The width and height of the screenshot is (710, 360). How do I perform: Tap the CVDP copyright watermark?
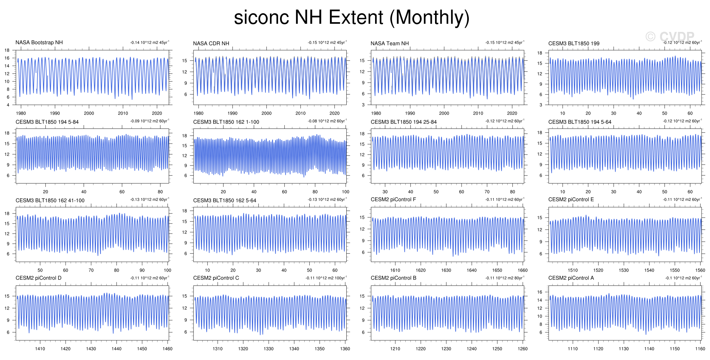(670, 37)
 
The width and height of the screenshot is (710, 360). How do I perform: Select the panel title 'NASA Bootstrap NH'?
(39, 43)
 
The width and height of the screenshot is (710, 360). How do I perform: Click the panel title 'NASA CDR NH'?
(211, 44)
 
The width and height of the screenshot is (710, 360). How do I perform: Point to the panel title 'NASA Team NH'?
(390, 44)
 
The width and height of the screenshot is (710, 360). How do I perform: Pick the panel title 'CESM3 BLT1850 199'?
(574, 44)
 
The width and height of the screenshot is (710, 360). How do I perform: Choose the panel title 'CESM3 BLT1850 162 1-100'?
(226, 122)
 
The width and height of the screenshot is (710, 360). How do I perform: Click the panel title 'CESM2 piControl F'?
(393, 200)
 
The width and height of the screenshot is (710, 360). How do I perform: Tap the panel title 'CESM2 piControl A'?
(571, 278)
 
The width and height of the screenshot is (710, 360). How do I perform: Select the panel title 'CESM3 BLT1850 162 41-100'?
(50, 201)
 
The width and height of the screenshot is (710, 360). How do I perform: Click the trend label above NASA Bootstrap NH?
(150, 43)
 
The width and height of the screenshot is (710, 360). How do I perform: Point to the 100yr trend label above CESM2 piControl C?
(326, 278)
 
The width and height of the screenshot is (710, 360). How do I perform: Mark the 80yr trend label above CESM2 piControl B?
(504, 278)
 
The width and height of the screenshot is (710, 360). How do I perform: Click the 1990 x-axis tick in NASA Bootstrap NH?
(55, 113)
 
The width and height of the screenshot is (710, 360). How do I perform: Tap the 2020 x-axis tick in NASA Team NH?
(512, 113)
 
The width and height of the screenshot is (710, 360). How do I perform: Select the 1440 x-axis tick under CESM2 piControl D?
(116, 349)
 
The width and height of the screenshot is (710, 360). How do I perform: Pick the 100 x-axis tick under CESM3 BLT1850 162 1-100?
(346, 192)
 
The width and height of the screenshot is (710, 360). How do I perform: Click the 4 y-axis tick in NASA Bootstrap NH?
(8, 105)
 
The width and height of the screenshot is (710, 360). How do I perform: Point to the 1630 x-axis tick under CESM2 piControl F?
(446, 270)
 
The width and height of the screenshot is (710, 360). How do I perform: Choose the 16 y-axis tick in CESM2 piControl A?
(540, 292)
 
